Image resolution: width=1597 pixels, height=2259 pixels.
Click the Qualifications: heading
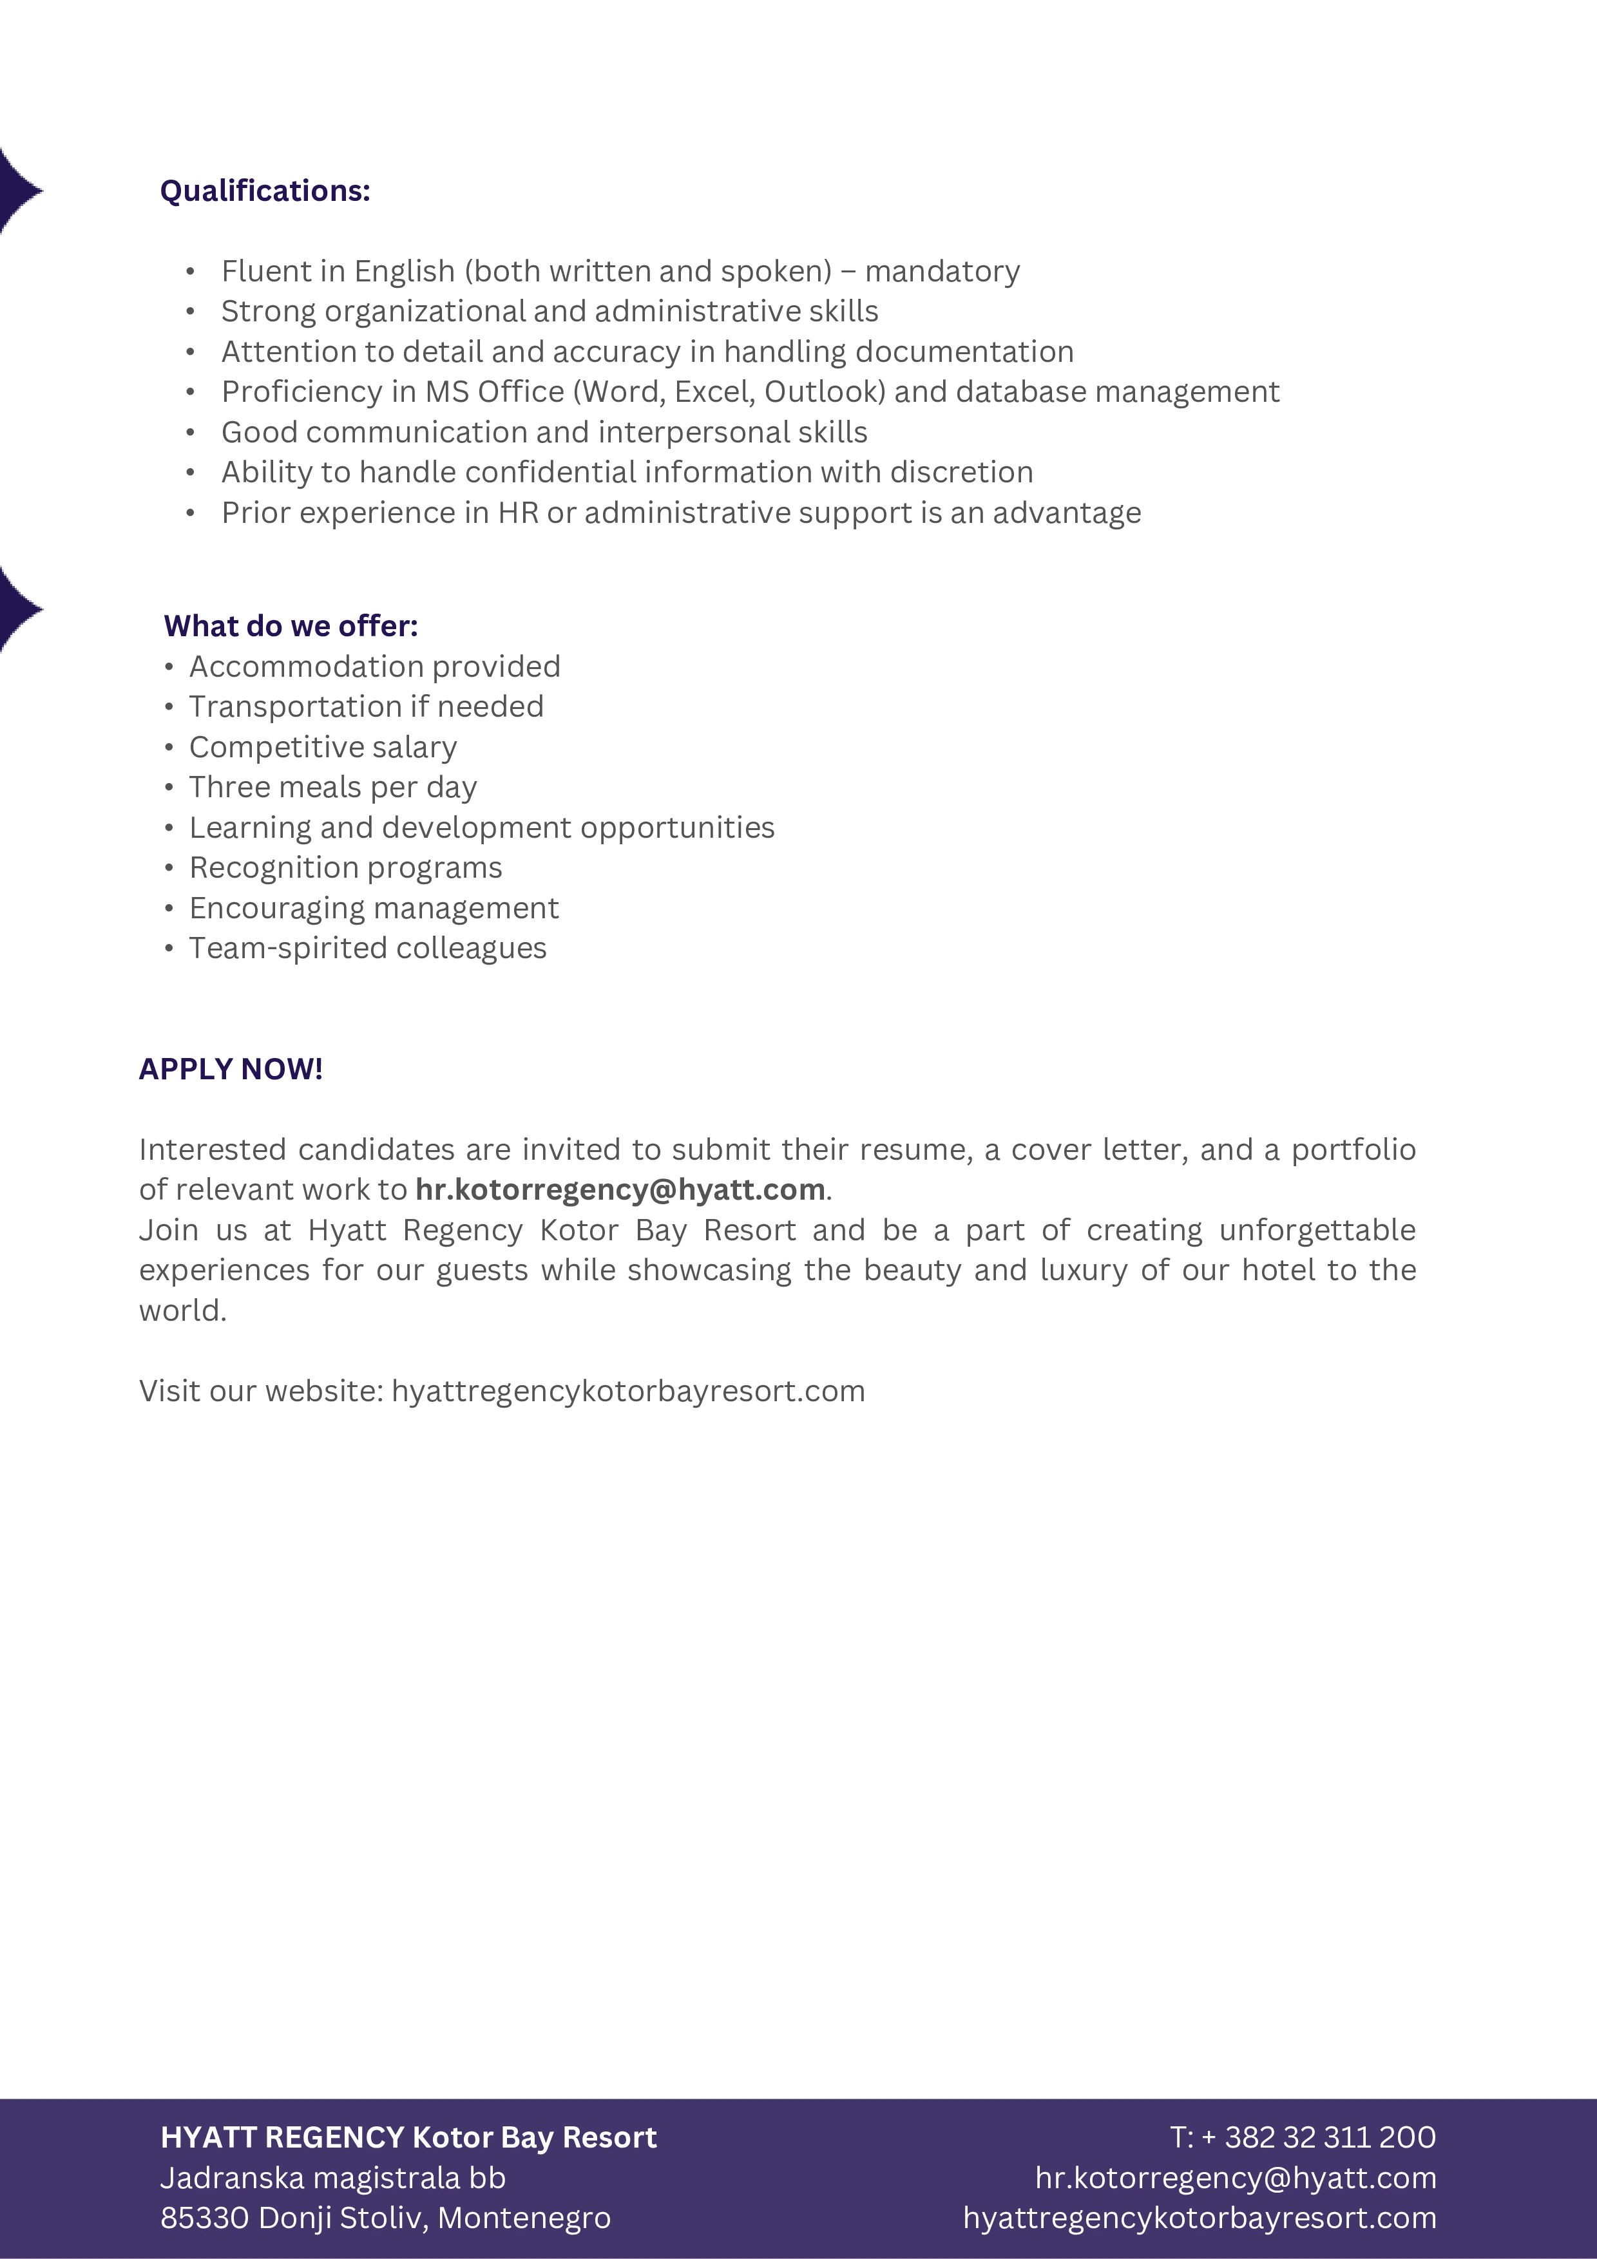[x=265, y=191]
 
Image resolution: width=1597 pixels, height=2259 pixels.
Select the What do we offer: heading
[x=291, y=626]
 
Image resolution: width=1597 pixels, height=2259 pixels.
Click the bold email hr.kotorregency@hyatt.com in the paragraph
[x=620, y=1189]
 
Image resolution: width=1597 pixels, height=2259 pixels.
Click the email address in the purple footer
[x=1235, y=2177]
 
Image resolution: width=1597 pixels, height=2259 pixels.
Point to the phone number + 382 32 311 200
[x=1319, y=2137]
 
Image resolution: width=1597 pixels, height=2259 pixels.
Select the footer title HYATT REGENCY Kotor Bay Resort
[x=408, y=2137]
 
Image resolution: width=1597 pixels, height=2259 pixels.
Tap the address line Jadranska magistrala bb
[x=332, y=2177]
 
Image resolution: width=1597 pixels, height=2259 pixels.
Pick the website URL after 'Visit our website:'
[x=627, y=1391]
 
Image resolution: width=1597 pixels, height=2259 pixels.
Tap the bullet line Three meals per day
[x=332, y=787]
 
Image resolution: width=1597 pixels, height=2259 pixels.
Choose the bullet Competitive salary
[x=323, y=747]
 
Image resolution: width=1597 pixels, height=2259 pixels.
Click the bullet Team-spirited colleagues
[x=367, y=947]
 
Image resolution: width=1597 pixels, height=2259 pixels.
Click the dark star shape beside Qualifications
[x=17, y=191]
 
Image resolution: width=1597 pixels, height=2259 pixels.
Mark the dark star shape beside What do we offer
[x=17, y=610]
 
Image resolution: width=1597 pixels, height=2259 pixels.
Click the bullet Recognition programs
[x=345, y=868]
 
